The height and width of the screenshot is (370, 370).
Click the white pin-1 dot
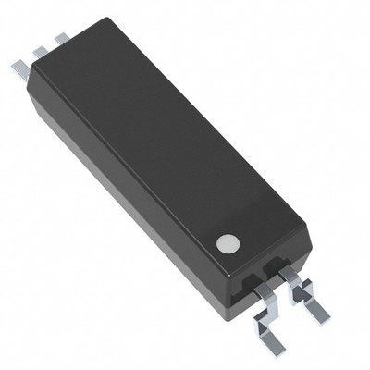click(x=225, y=243)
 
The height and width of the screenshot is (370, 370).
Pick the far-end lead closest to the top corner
click(x=61, y=39)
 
